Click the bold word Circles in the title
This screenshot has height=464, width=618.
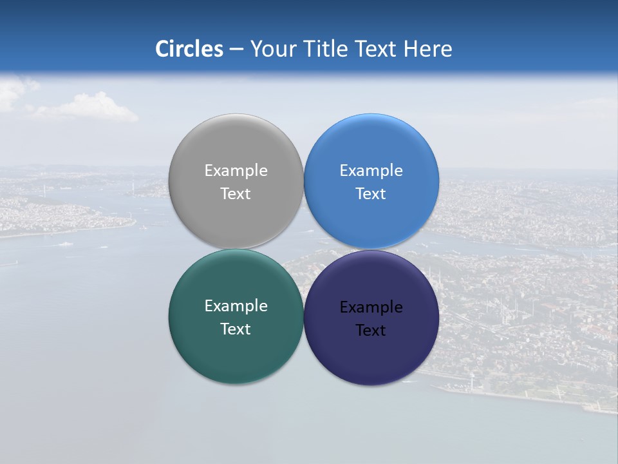click(189, 49)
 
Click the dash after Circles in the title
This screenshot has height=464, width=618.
click(236, 50)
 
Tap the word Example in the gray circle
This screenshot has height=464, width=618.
click(236, 171)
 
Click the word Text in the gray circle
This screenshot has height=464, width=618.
click(236, 194)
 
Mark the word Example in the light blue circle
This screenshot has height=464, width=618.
click(371, 171)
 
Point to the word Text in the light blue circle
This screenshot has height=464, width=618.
click(371, 194)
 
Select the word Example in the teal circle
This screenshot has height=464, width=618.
click(236, 306)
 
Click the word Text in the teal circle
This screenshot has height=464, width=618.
click(236, 329)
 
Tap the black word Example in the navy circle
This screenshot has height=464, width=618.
click(371, 307)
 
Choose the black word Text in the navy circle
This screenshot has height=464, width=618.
click(371, 331)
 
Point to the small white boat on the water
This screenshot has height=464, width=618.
click(65, 244)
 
